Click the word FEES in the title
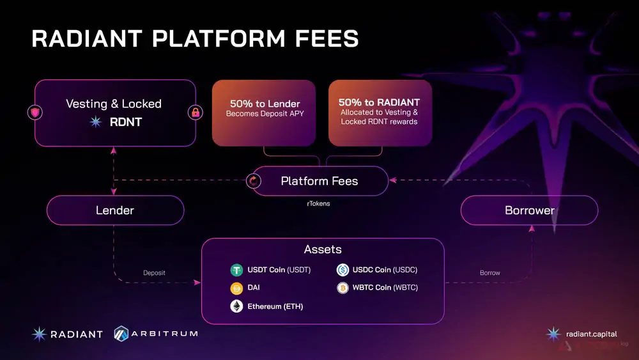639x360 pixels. coord(327,39)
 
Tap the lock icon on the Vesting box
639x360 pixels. coord(196,113)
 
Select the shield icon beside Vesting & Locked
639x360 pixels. coord(35,112)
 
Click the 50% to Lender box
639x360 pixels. coord(264,113)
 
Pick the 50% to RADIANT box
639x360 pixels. coord(380,113)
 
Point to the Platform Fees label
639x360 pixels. coord(319,181)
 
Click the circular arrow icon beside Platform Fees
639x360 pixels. coord(254,180)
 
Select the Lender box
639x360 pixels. coord(115,210)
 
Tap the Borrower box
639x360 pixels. coord(529,210)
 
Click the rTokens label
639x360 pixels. coord(318,203)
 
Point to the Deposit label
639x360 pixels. coord(154,273)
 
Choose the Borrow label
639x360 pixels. coord(490,273)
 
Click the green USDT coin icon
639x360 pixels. coord(236,270)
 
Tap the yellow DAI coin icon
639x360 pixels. coord(236,288)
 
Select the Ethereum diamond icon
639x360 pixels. coord(236,306)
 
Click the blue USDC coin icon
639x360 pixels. coord(343,270)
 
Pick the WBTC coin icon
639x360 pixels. coord(343,288)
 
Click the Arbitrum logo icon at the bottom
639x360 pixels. coord(121,334)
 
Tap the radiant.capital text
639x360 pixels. coord(591,334)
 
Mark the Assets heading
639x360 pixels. coord(323,249)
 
